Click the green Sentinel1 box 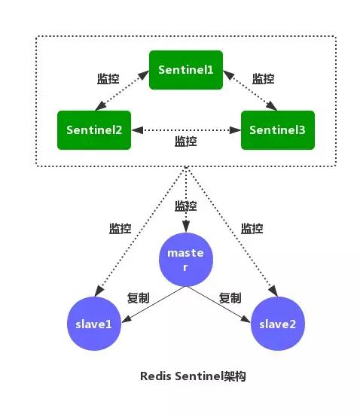tap(186, 69)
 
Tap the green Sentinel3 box tap(276, 129)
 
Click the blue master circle tap(185, 260)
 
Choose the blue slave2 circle tap(278, 324)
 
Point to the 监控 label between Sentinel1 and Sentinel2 tap(108, 78)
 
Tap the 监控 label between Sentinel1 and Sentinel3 tap(263, 78)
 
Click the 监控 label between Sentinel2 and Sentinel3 tap(186, 141)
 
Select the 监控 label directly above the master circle tap(185, 205)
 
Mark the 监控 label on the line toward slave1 tap(121, 228)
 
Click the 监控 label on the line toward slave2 tap(252, 228)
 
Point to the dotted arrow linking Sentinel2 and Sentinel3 tap(186, 129)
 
